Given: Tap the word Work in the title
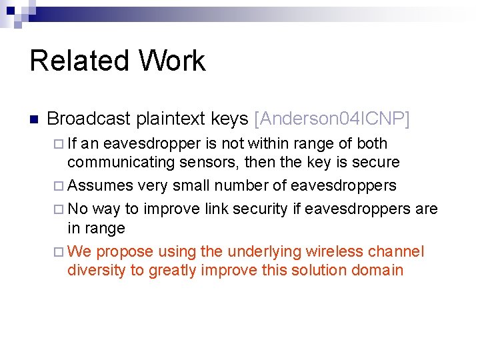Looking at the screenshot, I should pyautogui.click(x=172, y=61).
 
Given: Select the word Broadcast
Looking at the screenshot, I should pyautogui.click(x=89, y=119).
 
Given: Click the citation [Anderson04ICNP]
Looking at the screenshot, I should pyautogui.click(x=332, y=119).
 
